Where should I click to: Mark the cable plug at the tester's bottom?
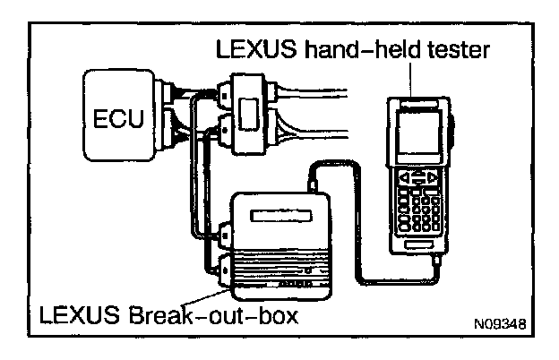point(436,260)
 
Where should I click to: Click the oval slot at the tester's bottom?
point(420,242)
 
